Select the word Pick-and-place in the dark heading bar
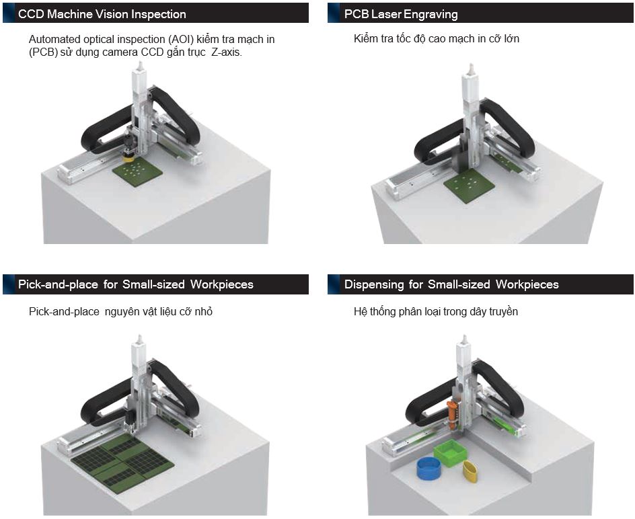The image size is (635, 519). (x=59, y=284)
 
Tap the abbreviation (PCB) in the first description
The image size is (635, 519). (x=45, y=52)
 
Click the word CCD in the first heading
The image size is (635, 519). (x=30, y=13)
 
